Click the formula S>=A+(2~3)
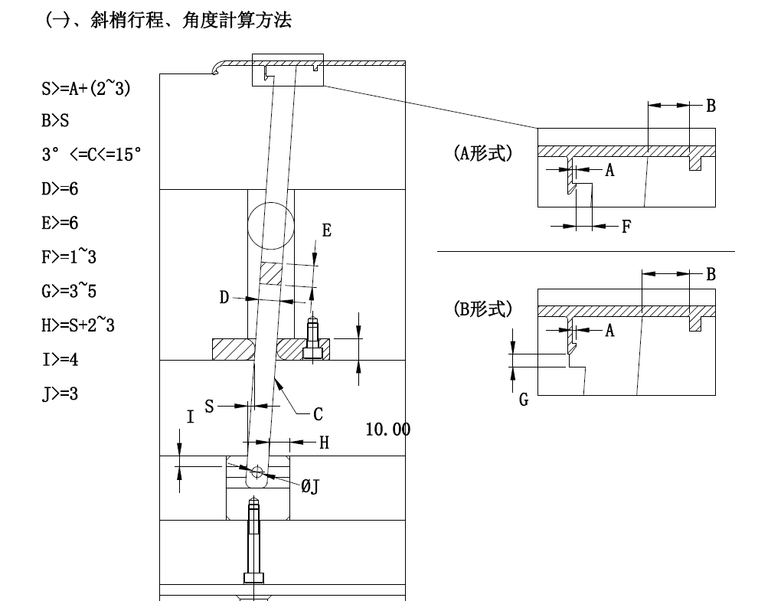pyautogui.click(x=86, y=89)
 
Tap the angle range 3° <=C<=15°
pyautogui.click(x=91, y=154)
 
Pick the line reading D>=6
pyautogui.click(x=60, y=188)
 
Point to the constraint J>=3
pyautogui.click(x=60, y=394)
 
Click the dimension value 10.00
pyautogui.click(x=387, y=430)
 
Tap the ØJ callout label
pyautogui.click(x=309, y=485)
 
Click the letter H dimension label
pyautogui.click(x=324, y=442)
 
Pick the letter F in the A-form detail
pyautogui.click(x=626, y=227)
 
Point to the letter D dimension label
pyautogui.click(x=224, y=297)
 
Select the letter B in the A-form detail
pyautogui.click(x=711, y=106)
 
